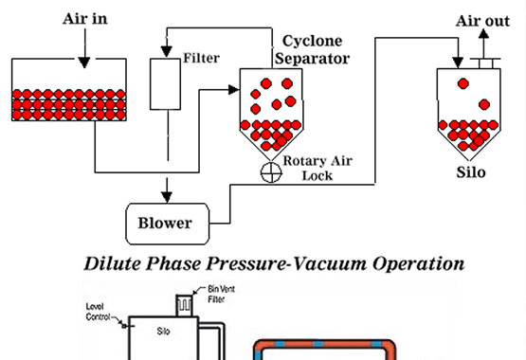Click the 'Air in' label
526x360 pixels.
point(85,19)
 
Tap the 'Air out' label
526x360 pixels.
point(482,21)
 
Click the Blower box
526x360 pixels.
point(168,224)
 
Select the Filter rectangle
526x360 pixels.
point(165,84)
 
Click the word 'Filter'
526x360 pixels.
point(201,58)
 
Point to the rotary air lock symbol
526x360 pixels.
point(271,172)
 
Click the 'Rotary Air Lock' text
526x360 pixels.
point(317,169)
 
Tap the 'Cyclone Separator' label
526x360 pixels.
point(313,49)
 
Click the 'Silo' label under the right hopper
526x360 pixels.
point(471,172)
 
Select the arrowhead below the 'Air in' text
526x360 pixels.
point(84,63)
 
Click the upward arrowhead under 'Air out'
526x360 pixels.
point(483,33)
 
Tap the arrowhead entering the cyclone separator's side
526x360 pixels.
point(233,90)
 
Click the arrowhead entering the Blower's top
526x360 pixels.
point(167,197)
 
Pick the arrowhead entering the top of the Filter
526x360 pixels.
point(167,51)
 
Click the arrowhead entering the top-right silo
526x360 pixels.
point(458,63)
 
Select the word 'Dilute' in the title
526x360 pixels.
point(113,263)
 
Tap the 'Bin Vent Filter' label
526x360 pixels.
point(222,294)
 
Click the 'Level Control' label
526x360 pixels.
point(98,312)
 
